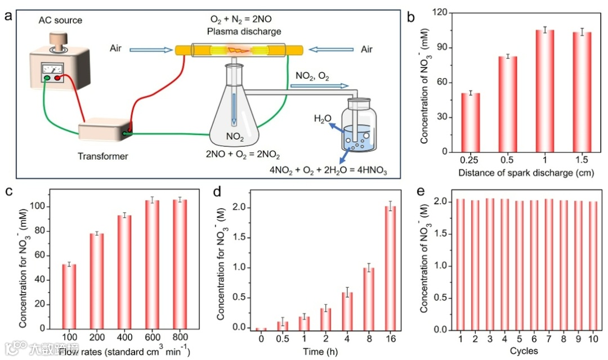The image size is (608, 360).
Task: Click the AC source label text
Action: click(x=60, y=21)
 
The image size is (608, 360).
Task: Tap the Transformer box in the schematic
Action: click(x=104, y=131)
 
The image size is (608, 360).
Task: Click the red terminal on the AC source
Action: click(x=59, y=78)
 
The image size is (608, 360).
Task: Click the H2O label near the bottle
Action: click(x=323, y=119)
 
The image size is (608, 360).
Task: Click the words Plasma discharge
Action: click(x=243, y=31)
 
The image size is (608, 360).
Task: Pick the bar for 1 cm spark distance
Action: click(x=544, y=91)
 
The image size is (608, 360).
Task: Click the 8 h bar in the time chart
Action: click(x=369, y=298)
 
